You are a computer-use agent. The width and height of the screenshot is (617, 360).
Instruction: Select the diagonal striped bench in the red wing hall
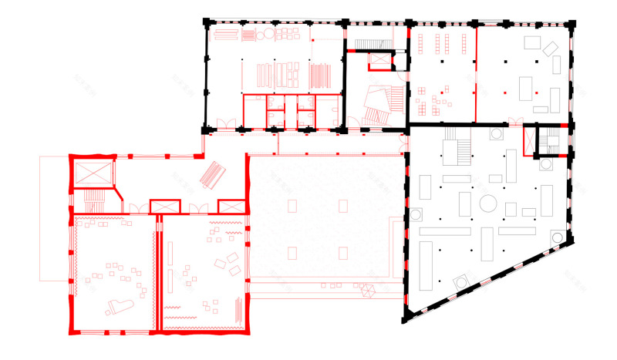(x=213, y=175)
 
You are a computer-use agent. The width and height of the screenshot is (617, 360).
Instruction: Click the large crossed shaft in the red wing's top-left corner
(x=92, y=173)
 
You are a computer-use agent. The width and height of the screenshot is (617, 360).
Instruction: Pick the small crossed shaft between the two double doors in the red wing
(x=164, y=206)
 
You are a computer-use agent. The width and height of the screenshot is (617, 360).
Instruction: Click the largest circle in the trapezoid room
(x=488, y=203)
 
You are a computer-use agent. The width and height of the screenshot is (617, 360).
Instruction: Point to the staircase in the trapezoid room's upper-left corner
(x=457, y=146)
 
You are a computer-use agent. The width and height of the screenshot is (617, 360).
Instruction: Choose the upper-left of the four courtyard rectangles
(x=292, y=206)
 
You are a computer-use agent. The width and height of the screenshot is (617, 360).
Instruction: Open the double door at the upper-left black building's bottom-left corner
(x=224, y=123)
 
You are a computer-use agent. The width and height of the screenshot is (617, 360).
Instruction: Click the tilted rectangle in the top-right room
(x=550, y=49)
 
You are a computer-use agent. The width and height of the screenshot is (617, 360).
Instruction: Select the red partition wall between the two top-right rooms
(x=476, y=73)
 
